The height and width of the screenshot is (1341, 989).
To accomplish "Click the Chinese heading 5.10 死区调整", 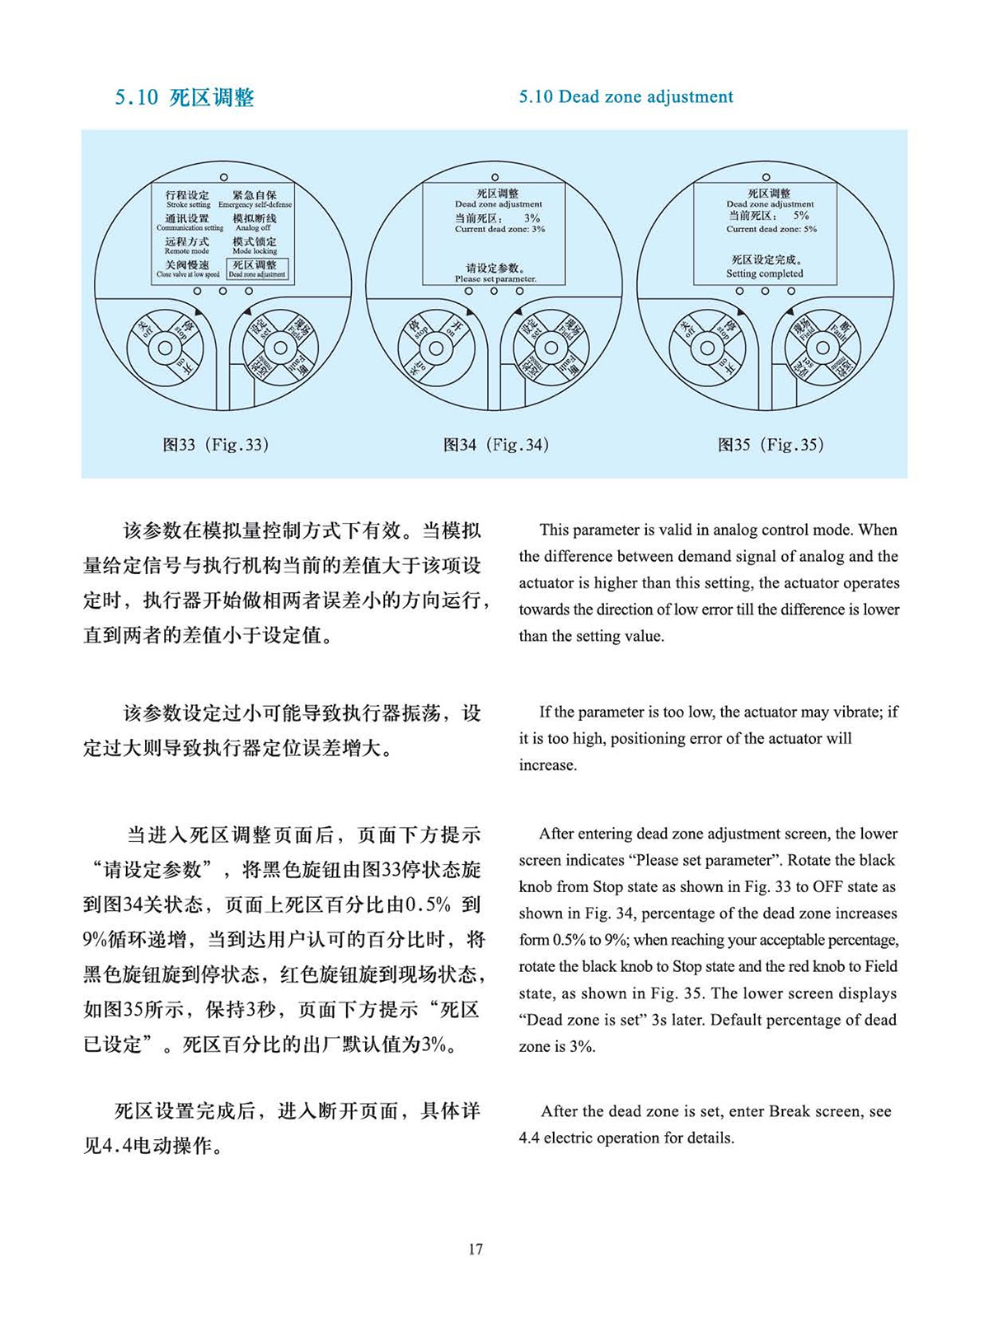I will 185,98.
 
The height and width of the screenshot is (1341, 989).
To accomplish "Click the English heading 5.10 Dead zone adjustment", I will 626,97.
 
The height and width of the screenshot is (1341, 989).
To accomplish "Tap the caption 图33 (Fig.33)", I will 215,445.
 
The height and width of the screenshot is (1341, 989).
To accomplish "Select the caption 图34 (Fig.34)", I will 495,445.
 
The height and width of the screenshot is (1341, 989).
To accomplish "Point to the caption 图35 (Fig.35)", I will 771,445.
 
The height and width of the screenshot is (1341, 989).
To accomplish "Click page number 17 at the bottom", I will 476,1249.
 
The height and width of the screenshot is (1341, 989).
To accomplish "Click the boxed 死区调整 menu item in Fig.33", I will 256,269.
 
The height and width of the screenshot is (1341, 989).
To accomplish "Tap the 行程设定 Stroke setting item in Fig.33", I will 188,199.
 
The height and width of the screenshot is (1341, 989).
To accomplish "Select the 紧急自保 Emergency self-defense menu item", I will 255,199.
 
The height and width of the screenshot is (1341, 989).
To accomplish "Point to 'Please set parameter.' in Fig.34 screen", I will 495,278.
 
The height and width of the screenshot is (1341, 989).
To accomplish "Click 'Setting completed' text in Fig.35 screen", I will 764,273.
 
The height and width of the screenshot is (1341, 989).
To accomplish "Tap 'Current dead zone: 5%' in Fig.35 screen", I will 771,228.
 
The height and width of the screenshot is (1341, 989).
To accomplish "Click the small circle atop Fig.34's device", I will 494,177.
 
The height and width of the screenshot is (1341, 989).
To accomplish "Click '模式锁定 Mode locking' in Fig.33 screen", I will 255,245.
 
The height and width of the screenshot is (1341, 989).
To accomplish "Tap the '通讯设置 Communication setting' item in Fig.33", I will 189,222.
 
